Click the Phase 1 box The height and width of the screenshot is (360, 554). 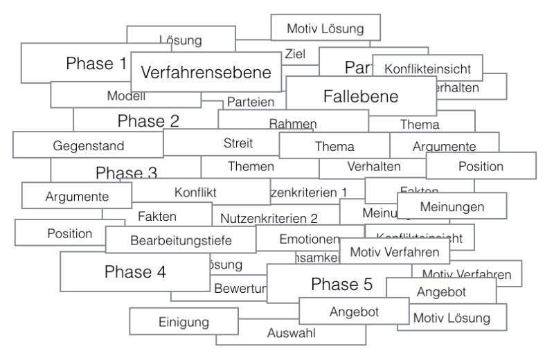click(76, 64)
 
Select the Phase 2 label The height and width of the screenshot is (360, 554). click(148, 121)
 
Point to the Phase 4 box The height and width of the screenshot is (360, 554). click(135, 271)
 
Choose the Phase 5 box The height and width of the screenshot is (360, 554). click(341, 283)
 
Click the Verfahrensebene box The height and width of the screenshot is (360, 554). click(206, 72)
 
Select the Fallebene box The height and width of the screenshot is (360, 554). click(361, 96)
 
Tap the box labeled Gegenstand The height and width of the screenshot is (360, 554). click(89, 145)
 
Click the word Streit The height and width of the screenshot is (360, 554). click(238, 143)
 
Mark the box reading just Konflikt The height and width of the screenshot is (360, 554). click(196, 190)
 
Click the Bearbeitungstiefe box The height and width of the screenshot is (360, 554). click(181, 240)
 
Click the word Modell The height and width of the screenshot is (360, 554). click(126, 96)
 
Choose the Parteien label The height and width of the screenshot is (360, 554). click(251, 102)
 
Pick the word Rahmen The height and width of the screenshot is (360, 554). click(292, 123)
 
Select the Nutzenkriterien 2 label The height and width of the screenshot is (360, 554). click(269, 218)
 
